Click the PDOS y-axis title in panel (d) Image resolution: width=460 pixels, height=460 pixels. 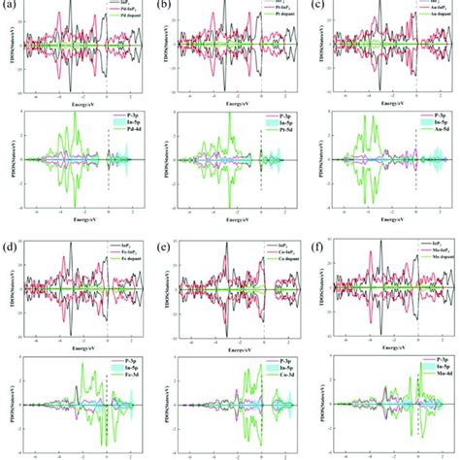8,398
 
